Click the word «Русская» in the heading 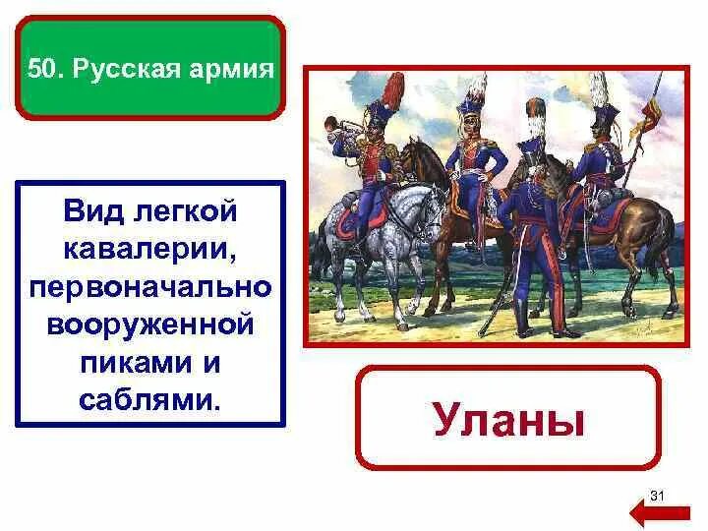click(134, 71)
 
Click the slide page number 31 click(659, 494)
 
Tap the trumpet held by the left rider click(340, 146)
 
